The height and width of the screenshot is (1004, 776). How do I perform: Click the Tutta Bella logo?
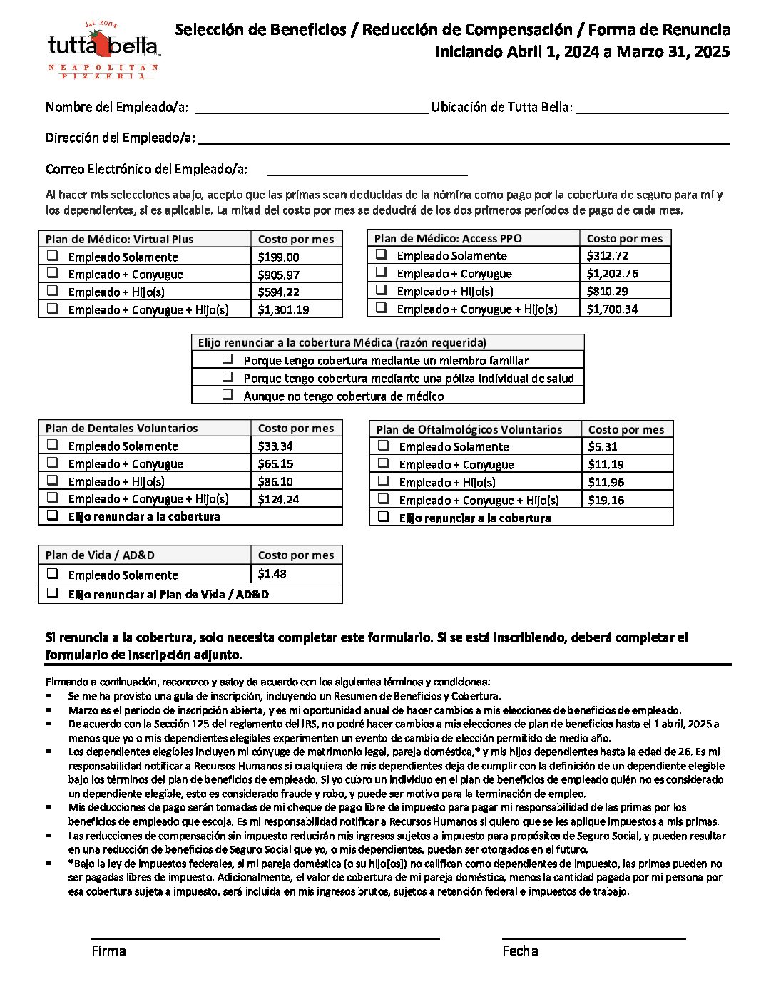point(103,48)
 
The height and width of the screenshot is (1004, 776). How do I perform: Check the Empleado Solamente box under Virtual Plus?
point(52,256)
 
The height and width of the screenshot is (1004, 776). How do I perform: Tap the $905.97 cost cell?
point(279,275)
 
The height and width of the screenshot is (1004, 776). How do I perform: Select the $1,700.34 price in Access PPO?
point(612,309)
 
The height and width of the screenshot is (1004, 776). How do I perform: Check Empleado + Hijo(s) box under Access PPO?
point(381,290)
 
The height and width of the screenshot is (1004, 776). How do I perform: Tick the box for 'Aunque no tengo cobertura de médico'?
point(228,394)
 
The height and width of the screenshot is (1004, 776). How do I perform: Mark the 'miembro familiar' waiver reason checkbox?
point(228,359)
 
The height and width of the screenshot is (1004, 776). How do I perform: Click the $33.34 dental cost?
point(275,446)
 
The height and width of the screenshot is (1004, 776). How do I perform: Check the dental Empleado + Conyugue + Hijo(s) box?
point(52,498)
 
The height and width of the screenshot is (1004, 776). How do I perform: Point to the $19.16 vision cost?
point(606,500)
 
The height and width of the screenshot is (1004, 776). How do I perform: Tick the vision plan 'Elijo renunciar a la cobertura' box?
point(383,516)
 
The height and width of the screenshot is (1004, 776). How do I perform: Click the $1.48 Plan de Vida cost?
point(272,574)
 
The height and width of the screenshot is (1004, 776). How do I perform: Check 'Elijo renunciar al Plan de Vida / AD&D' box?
point(52,593)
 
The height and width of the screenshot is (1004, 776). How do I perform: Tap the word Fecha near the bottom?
point(520,951)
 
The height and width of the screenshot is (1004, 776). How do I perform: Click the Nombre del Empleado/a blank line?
point(310,107)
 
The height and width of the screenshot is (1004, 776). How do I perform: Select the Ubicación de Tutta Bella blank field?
point(652,107)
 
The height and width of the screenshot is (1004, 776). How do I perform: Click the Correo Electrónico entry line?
point(367,169)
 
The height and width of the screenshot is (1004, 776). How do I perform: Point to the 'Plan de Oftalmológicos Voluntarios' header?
point(469,429)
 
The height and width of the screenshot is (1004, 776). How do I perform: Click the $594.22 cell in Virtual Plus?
point(279,292)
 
